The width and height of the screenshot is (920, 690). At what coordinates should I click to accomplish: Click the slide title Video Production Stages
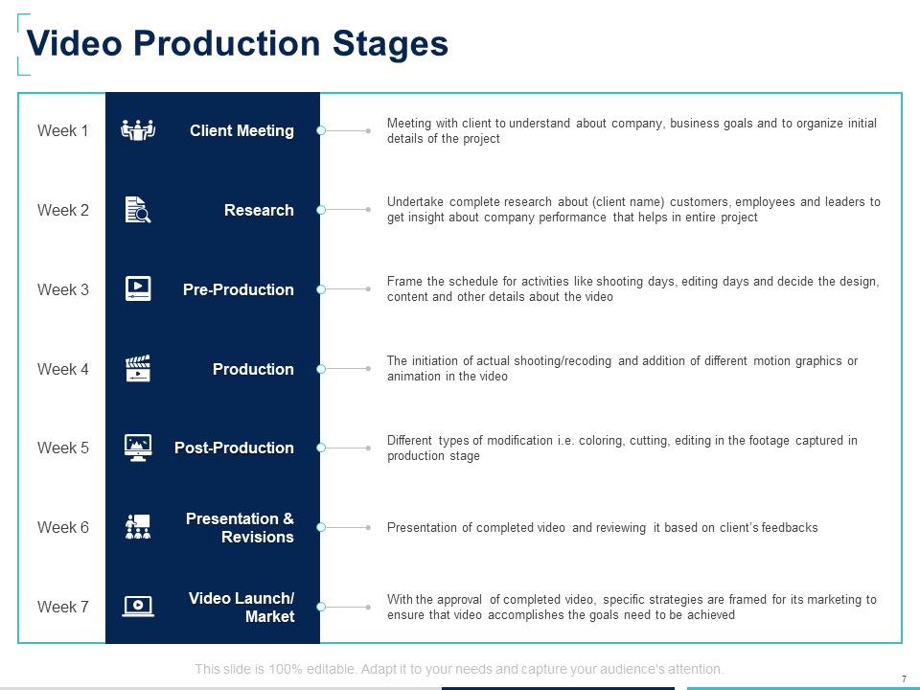pyautogui.click(x=238, y=44)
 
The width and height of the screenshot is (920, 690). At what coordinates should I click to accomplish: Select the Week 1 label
pyautogui.click(x=62, y=130)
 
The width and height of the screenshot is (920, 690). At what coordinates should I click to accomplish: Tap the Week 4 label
pyautogui.click(x=62, y=369)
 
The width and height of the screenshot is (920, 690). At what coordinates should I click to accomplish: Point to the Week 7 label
pyautogui.click(x=62, y=607)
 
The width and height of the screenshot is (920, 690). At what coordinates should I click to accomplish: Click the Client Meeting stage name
pyautogui.click(x=241, y=130)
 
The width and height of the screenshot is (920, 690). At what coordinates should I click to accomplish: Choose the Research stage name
pyautogui.click(x=259, y=210)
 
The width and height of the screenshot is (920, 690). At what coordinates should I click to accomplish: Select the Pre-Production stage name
pyautogui.click(x=238, y=289)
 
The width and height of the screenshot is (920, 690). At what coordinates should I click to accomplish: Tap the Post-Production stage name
pyautogui.click(x=234, y=448)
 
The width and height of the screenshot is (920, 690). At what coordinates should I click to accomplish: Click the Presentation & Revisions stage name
pyautogui.click(x=240, y=527)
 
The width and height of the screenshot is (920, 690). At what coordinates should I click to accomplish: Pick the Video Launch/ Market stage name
pyautogui.click(x=241, y=607)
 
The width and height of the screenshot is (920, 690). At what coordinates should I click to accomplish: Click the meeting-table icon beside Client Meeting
pyautogui.click(x=138, y=130)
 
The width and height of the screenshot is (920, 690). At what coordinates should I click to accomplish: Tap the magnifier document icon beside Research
pyautogui.click(x=138, y=210)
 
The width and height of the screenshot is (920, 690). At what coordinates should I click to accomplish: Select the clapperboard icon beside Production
pyautogui.click(x=138, y=369)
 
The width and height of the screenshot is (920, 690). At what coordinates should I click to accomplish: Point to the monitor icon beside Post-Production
pyautogui.click(x=138, y=448)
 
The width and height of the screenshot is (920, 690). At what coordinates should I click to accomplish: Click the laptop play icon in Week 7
pyautogui.click(x=138, y=606)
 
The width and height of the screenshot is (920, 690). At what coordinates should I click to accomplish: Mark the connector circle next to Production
pyautogui.click(x=322, y=369)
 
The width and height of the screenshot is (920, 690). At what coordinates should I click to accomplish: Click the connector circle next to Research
pyautogui.click(x=322, y=210)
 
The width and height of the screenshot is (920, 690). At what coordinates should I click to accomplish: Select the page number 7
pyautogui.click(x=904, y=678)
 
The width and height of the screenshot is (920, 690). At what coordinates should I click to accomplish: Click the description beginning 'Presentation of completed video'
pyautogui.click(x=602, y=527)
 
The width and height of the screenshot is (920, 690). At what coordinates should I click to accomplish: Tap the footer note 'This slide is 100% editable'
pyautogui.click(x=459, y=669)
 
